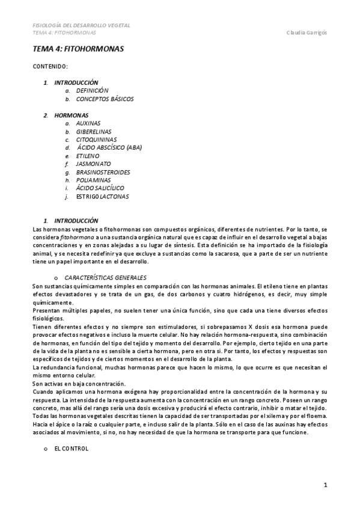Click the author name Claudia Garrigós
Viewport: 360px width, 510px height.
click(x=307, y=32)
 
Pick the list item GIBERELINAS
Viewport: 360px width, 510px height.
click(x=94, y=132)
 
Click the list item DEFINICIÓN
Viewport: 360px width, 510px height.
click(x=92, y=90)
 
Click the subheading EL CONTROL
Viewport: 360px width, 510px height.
click(x=72, y=449)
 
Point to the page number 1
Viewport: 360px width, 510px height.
click(x=325, y=485)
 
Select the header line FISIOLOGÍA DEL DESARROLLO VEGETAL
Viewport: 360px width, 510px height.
click(x=81, y=25)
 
